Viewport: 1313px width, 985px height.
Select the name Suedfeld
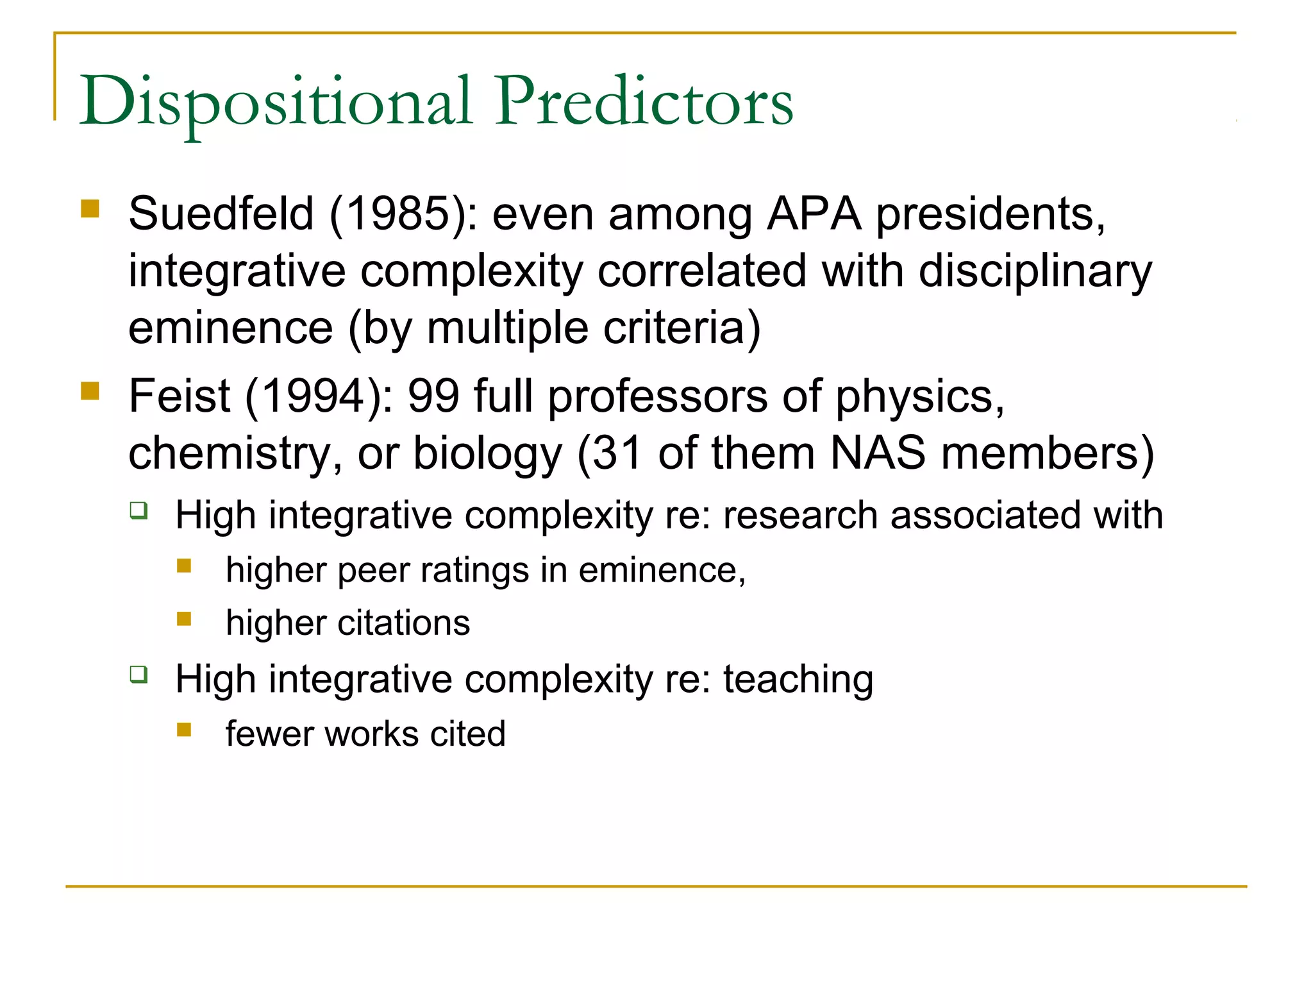point(221,214)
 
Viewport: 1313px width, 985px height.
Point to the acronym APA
point(814,214)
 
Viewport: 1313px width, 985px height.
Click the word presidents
point(990,214)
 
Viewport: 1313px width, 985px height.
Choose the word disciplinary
point(1035,271)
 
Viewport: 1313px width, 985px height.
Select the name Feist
point(179,396)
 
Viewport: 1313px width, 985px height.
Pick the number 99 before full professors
point(433,396)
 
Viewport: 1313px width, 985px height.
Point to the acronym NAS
point(878,453)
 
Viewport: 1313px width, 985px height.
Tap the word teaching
point(798,679)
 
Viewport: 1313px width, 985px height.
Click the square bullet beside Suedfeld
point(90,209)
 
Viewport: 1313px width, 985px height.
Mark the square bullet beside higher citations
point(184,619)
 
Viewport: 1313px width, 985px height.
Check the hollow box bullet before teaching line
point(138,675)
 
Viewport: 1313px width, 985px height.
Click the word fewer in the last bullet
point(268,734)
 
